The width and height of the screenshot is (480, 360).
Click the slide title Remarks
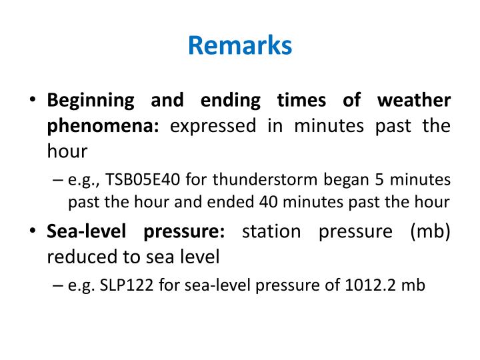240,46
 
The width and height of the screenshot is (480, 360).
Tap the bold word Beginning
90,101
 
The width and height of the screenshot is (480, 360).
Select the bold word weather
413,101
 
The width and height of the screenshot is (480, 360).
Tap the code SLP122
117,286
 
